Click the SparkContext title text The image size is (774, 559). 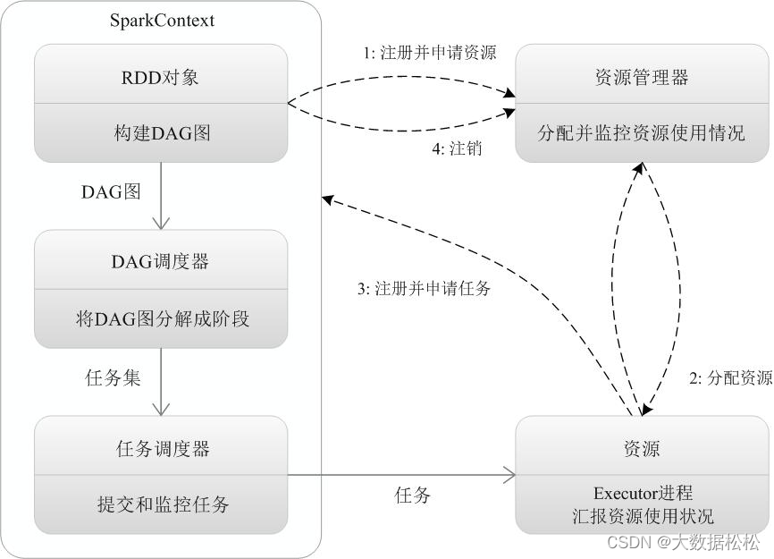pos(162,20)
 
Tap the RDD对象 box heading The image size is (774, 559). pos(161,77)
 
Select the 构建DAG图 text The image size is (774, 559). pos(162,133)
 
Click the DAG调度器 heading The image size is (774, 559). pos(161,261)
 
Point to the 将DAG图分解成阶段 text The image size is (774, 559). pos(162,318)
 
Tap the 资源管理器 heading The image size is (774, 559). pos(642,77)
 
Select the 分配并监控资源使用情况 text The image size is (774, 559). pos(642,133)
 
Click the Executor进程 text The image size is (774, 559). pos(643,494)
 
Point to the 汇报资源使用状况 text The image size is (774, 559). pos(643,516)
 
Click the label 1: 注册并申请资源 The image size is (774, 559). pos(429,54)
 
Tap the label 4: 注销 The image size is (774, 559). pos(457,149)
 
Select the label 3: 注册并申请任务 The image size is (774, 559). pos(423,290)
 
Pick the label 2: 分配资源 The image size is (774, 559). pos(730,378)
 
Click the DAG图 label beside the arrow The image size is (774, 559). pos(112,191)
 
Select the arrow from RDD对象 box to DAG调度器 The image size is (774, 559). pos(162,196)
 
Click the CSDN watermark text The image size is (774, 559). pos(684,542)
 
